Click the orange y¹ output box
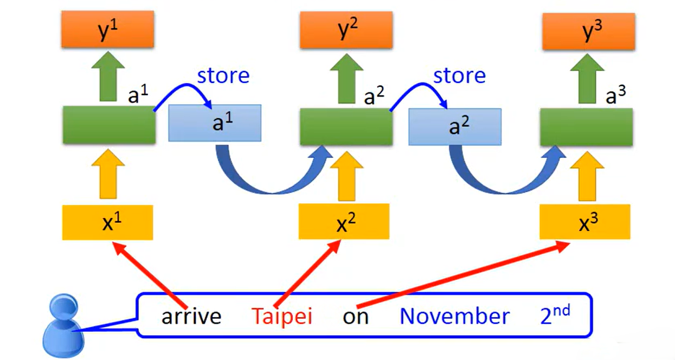[108, 31]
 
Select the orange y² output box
[347, 31]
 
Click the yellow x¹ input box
[108, 222]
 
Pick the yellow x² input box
[344, 221]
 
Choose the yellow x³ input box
[584, 221]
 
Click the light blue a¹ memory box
[216, 123]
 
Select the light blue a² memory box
[454, 126]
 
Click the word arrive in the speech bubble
[191, 316]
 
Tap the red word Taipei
[282, 316]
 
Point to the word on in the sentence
[356, 317]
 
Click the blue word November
[454, 316]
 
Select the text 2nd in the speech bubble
[555, 315]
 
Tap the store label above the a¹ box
[223, 76]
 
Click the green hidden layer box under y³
[586, 127]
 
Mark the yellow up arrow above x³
[586, 175]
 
